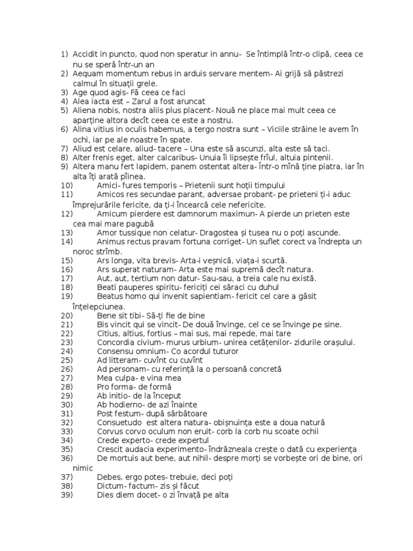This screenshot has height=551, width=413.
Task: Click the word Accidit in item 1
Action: click(86, 54)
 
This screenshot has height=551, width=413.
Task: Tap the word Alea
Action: click(81, 101)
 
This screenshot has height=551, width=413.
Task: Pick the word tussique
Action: click(136, 232)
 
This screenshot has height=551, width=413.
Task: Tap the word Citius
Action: click(109, 334)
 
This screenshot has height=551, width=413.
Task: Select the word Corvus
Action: click(111, 431)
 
